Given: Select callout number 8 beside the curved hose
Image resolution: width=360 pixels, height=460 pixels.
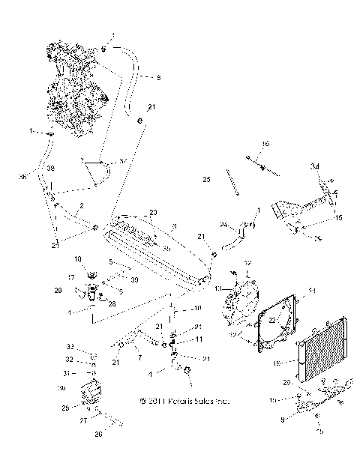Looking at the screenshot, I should [x=158, y=76].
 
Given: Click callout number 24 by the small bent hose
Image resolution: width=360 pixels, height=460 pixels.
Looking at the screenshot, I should [x=223, y=225].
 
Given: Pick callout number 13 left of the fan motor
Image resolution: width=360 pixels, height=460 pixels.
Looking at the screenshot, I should [x=220, y=288].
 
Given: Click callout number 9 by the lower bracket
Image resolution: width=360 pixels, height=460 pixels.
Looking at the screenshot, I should [x=282, y=420].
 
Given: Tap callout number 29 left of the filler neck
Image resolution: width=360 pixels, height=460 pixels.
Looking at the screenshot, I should [x=58, y=289].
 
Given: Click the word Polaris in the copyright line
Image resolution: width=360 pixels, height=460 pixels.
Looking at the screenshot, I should [x=179, y=402].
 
